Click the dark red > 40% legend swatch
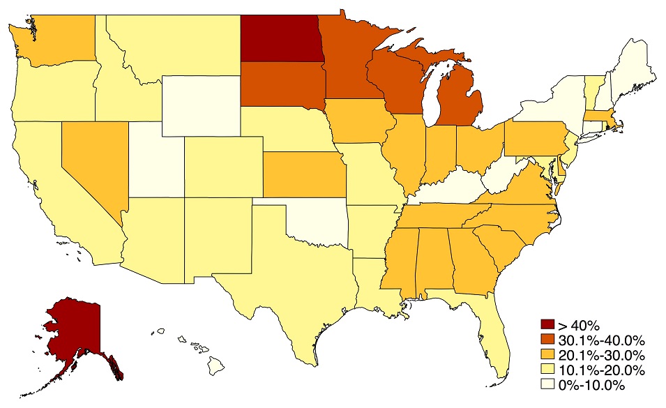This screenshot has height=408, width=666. click(x=547, y=325)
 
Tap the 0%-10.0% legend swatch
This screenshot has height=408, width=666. click(x=547, y=385)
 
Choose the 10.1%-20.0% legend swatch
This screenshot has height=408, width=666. click(x=547, y=370)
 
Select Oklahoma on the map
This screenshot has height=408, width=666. click(x=317, y=223)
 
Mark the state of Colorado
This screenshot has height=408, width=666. click(x=223, y=165)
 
